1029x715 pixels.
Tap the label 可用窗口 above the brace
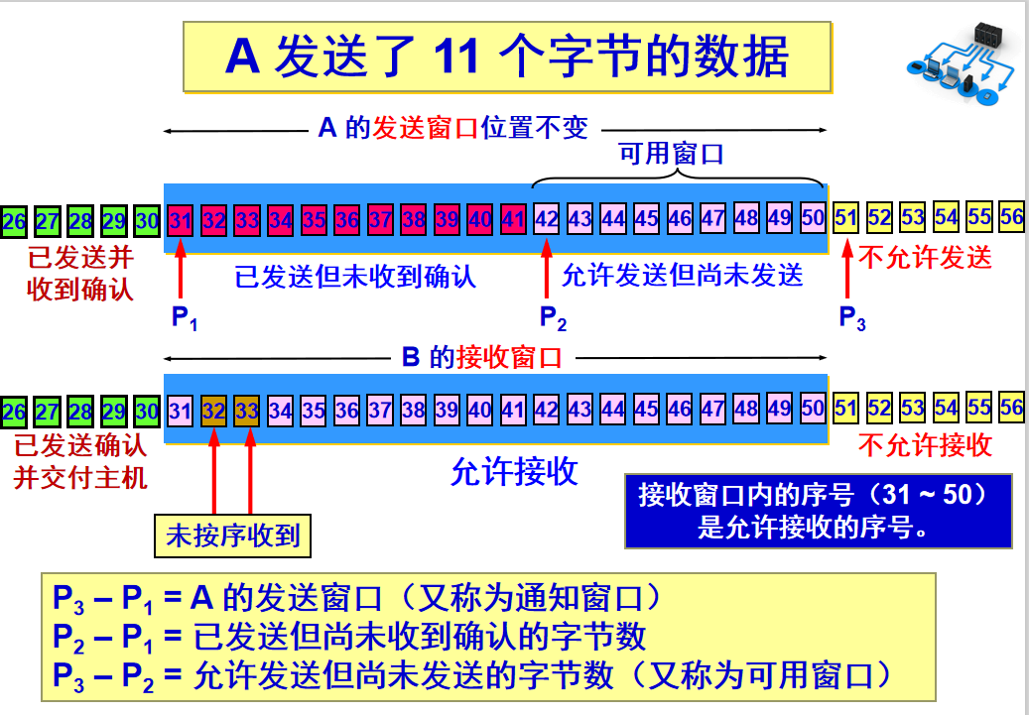pos(672,155)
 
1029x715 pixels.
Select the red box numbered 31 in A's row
pos(181,220)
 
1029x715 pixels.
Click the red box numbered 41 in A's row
pos(513,220)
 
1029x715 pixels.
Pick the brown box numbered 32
pos(214,411)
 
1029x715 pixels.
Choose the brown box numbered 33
pos(247,411)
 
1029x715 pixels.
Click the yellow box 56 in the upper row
pos(1012,218)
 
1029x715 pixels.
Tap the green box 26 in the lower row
pos(14,412)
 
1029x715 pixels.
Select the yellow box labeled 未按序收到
pos(232,536)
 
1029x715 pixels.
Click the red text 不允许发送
pos(924,259)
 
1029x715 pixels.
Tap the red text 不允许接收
pos(924,446)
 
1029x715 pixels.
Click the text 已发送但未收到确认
pos(355,276)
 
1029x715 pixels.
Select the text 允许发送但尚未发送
pos(683,276)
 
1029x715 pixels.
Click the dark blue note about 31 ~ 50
pos(819,511)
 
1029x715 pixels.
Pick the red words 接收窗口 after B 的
pos(509,359)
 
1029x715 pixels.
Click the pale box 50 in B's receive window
pos(813,410)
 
